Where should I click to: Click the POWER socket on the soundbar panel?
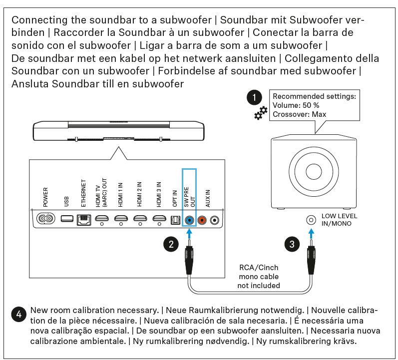46,219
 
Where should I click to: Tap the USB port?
66,219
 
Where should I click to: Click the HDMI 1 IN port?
121,218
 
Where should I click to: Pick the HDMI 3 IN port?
159,218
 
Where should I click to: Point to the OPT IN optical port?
175,219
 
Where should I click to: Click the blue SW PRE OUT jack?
189,219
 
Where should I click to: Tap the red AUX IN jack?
202,219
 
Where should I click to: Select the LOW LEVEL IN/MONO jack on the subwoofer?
312,220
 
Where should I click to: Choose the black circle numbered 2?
171,244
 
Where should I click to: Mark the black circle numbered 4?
18,315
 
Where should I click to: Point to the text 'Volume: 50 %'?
296,105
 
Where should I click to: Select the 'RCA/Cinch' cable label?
259,268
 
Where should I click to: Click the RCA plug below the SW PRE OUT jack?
190,260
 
